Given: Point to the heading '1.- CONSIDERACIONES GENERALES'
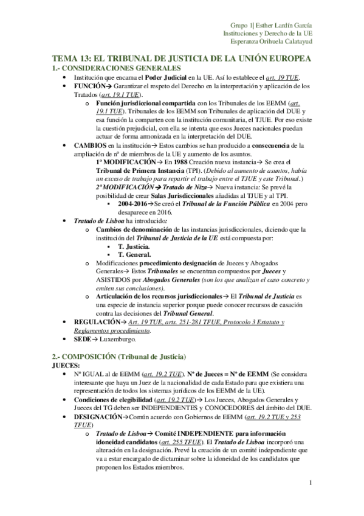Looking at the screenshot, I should click(x=117, y=68).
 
